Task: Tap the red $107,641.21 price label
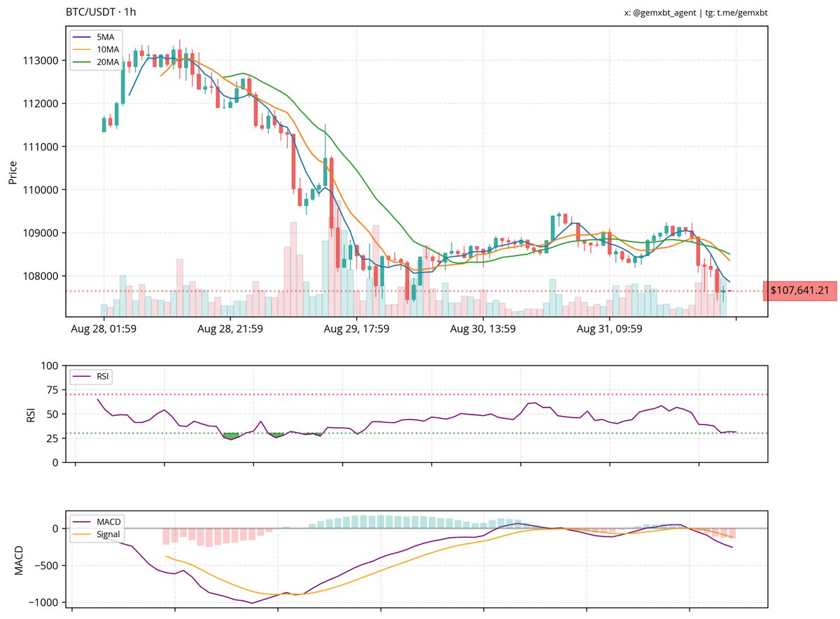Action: (x=799, y=290)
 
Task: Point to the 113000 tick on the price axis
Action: (x=42, y=60)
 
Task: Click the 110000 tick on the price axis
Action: (x=42, y=190)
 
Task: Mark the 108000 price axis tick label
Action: (x=42, y=276)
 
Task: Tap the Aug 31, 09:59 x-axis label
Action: (x=610, y=328)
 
